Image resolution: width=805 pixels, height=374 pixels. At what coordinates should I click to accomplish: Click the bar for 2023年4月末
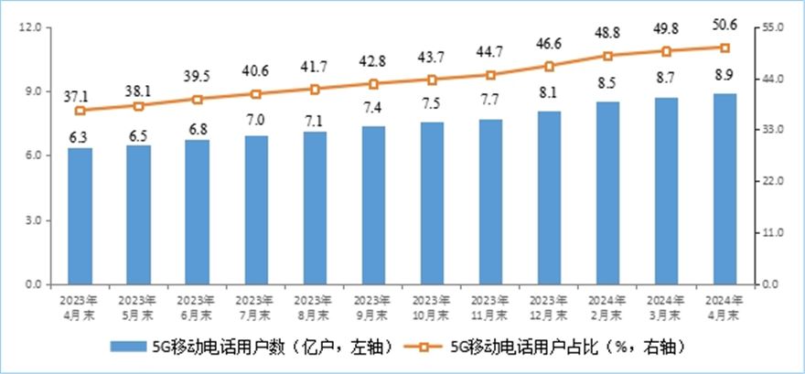80,216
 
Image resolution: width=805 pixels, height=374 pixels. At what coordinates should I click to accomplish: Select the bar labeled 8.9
725,188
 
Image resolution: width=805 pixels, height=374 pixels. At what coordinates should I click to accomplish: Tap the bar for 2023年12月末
549,198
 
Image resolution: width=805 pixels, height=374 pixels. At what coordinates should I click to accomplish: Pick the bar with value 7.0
256,209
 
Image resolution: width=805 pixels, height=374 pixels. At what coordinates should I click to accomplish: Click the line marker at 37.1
80,111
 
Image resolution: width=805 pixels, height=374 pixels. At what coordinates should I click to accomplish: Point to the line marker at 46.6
549,66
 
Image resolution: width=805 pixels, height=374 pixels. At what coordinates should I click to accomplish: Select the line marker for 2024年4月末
725,48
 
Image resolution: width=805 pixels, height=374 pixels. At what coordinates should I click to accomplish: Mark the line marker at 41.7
315,90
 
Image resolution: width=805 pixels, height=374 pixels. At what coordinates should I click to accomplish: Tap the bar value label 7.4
373,108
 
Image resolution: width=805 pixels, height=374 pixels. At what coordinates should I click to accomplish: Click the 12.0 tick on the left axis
31,27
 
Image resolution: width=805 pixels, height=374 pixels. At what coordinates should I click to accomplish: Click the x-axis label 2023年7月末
256,305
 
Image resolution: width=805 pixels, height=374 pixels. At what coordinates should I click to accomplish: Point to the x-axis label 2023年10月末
432,305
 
